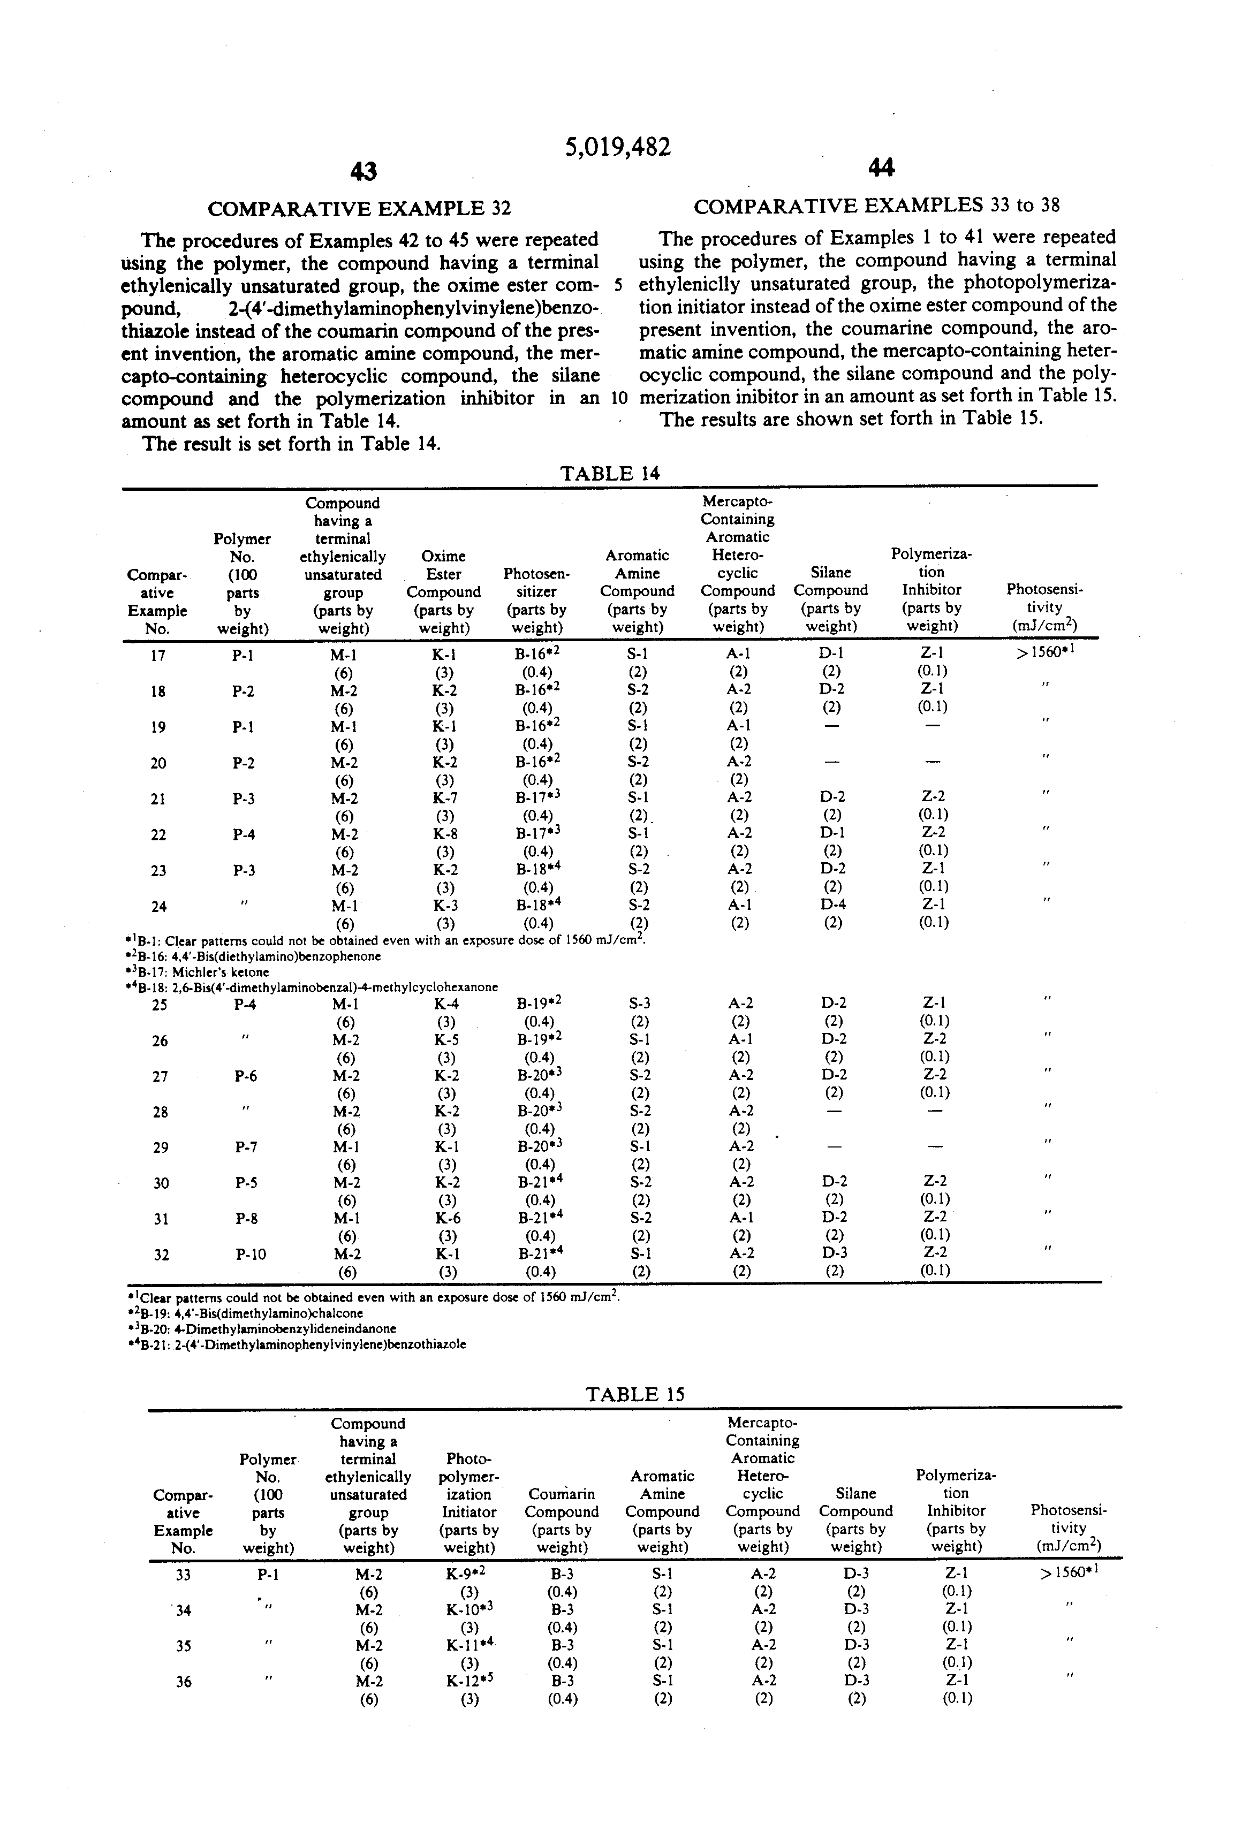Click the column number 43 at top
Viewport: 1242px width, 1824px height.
[363, 171]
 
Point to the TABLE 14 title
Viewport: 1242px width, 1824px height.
[610, 473]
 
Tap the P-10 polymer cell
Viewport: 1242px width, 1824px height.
[251, 1254]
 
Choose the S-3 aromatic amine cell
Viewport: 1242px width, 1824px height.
[640, 1003]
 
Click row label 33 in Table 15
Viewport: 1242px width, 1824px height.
[183, 1575]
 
